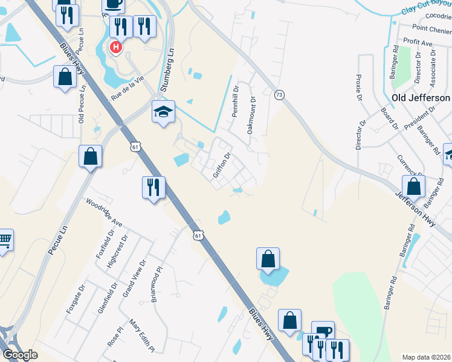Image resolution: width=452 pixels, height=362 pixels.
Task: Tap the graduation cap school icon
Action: tap(163, 112)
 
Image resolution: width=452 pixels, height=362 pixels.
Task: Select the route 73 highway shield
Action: tap(279, 95)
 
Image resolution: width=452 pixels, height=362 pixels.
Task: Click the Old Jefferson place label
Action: tap(421, 98)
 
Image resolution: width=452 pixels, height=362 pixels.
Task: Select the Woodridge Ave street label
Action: tap(105, 213)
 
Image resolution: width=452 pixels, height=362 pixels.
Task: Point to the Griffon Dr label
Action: tap(222, 166)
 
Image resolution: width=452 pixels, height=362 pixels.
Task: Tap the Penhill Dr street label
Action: tap(235, 105)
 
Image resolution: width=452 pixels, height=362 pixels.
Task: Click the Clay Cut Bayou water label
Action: tap(427, 8)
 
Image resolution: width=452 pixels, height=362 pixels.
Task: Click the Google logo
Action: tap(20, 355)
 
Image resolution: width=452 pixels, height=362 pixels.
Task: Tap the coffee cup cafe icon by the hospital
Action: tap(113, 5)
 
